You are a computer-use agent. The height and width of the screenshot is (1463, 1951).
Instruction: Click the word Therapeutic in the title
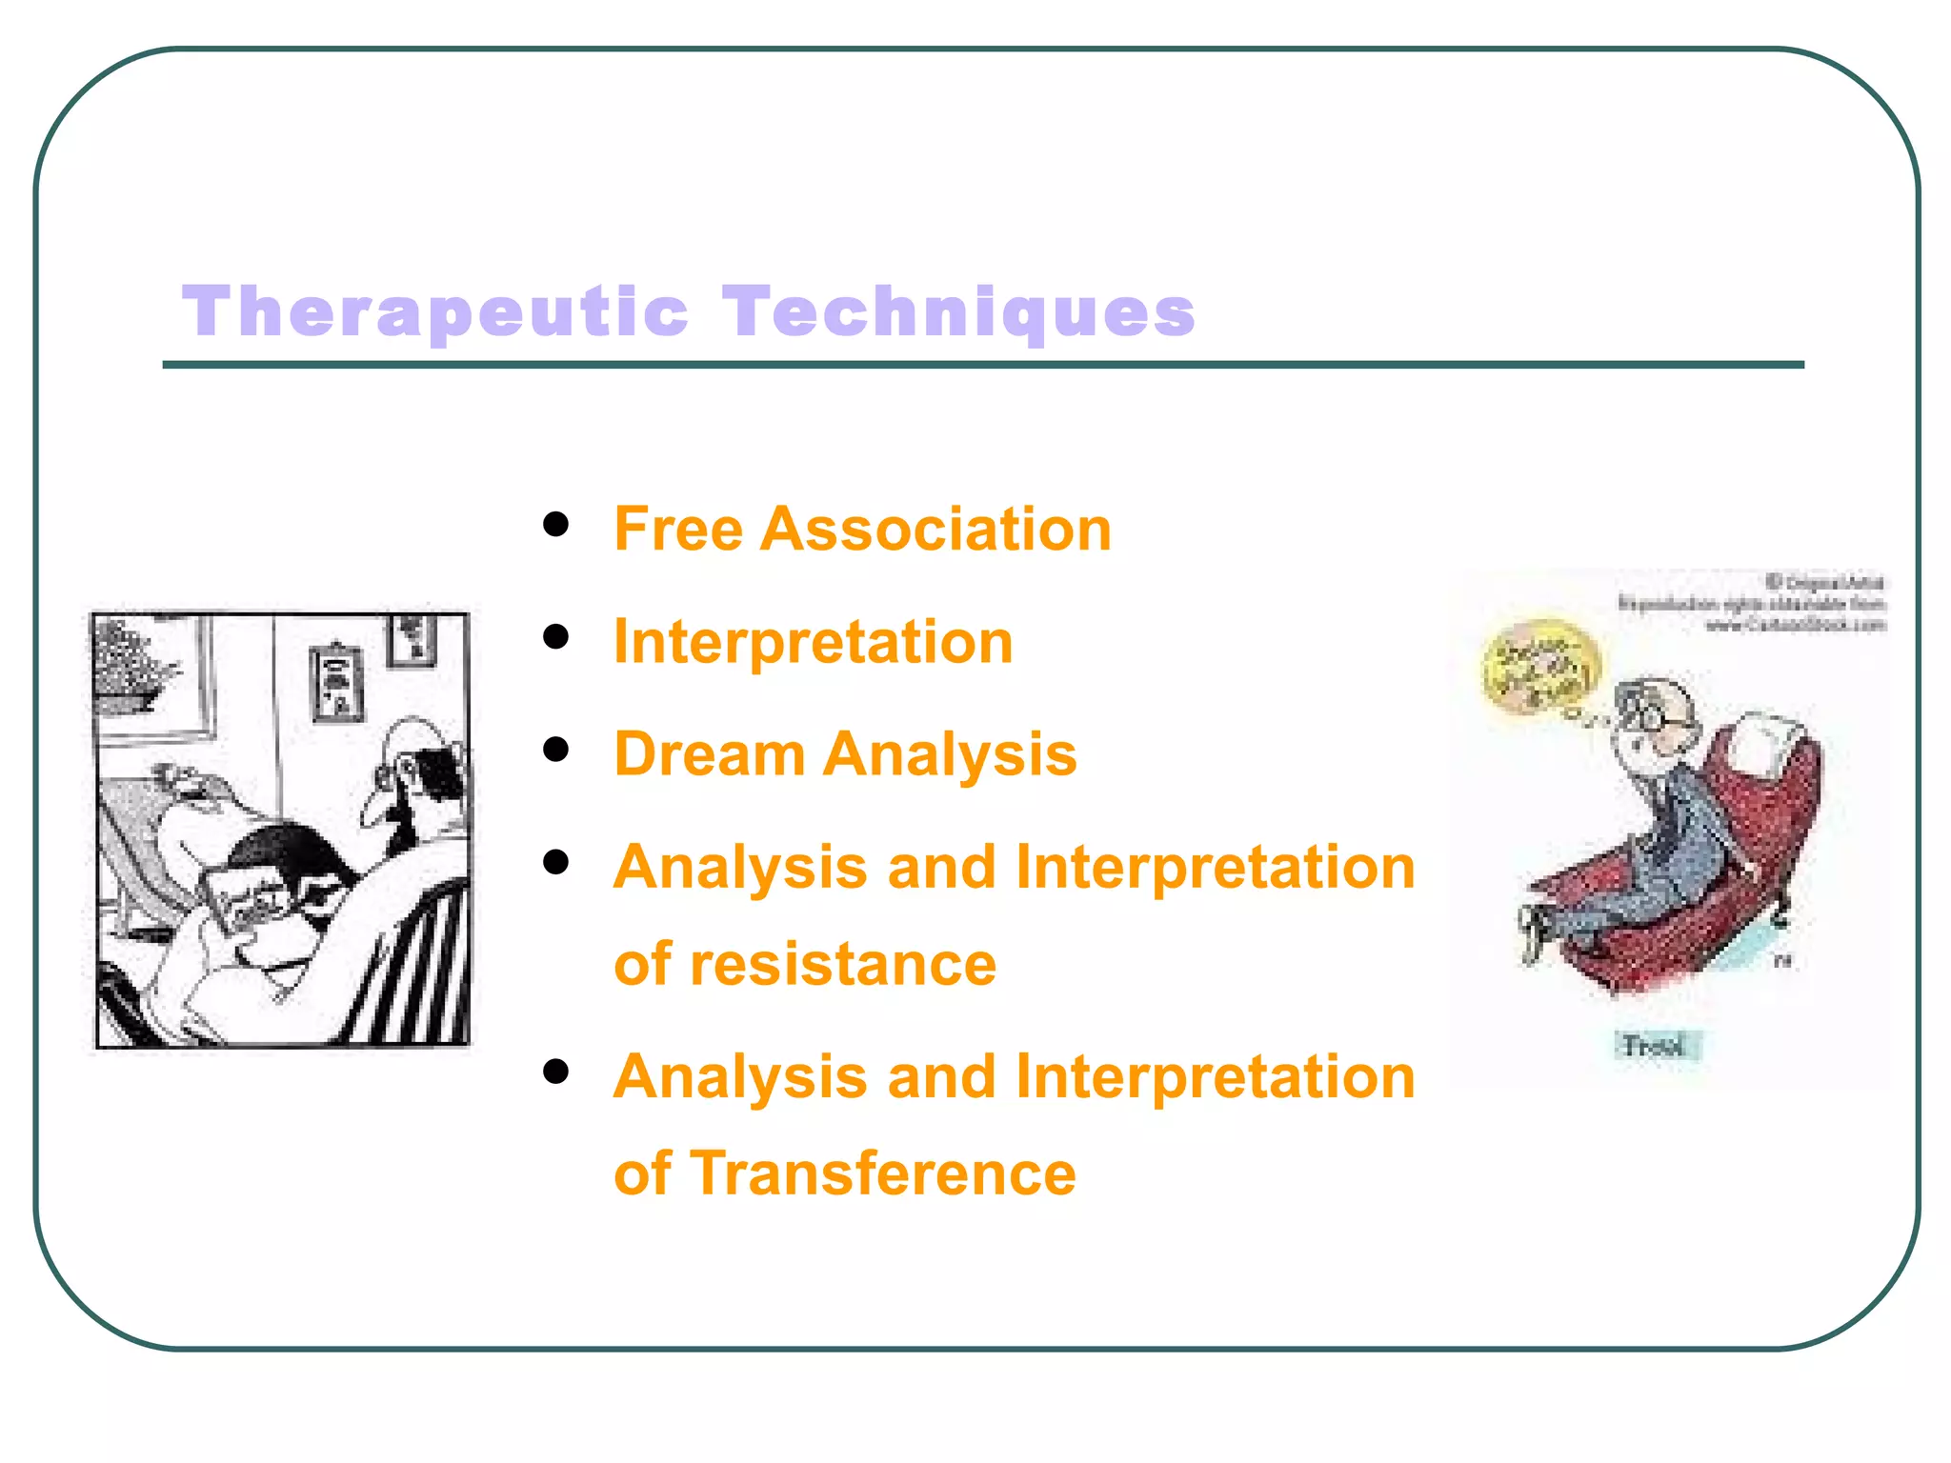[x=434, y=312]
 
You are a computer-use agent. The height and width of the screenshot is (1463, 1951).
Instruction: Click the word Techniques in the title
[x=957, y=312]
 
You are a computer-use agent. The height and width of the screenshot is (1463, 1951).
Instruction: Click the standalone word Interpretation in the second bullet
[x=813, y=641]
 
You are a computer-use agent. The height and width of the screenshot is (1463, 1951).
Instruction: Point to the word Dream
[x=710, y=753]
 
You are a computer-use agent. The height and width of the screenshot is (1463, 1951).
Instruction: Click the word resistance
[x=842, y=964]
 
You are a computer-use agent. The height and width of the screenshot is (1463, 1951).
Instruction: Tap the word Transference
[x=882, y=1172]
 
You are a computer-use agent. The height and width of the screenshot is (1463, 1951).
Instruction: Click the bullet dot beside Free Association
[x=555, y=524]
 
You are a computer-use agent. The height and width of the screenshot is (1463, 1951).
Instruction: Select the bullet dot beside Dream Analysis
[x=555, y=749]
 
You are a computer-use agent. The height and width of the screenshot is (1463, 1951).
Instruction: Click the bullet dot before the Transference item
[x=555, y=1072]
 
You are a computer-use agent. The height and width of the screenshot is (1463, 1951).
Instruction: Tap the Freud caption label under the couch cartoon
[x=1656, y=1046]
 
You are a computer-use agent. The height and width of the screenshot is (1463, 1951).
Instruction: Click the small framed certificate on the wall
[x=337, y=681]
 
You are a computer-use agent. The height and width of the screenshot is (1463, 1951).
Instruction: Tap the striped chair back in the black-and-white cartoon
[x=419, y=972]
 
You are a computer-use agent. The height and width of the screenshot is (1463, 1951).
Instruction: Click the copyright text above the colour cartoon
[x=1753, y=603]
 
